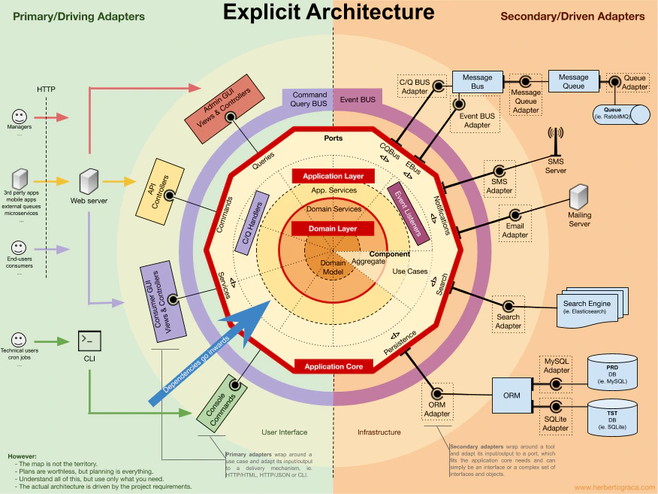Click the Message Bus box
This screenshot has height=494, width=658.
(x=477, y=81)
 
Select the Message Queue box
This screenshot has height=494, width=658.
(x=573, y=81)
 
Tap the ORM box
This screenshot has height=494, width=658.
(x=512, y=396)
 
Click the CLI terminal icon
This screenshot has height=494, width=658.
(x=89, y=341)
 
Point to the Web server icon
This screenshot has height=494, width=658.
(x=89, y=180)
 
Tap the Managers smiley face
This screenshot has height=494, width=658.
(x=20, y=117)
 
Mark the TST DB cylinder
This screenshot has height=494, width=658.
(x=612, y=418)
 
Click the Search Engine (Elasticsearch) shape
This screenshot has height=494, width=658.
(x=587, y=308)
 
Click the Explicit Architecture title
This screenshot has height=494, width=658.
(x=329, y=12)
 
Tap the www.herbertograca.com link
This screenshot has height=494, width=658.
(x=614, y=487)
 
